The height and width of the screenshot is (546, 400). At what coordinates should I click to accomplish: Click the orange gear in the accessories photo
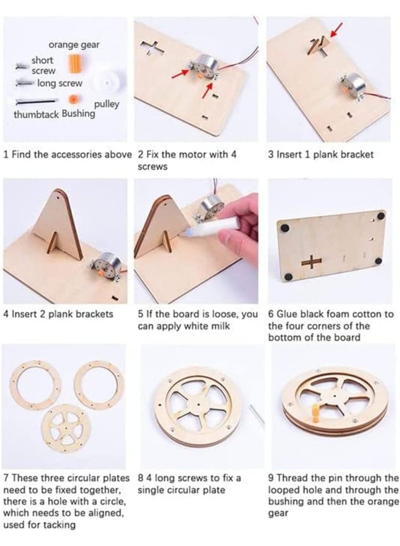click(x=74, y=63)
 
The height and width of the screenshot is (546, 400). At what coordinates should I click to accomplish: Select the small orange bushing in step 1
click(x=73, y=99)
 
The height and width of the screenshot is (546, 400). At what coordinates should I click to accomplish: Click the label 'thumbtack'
click(x=36, y=115)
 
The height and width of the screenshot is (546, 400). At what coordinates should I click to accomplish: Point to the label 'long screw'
click(x=60, y=83)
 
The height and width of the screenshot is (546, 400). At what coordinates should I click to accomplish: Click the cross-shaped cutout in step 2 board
click(x=153, y=48)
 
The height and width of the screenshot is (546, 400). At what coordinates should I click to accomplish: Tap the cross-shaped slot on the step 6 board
click(x=311, y=261)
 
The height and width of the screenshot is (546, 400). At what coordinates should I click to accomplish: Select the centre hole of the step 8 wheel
click(x=198, y=405)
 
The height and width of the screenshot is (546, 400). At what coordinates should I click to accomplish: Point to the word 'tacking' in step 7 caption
click(x=58, y=525)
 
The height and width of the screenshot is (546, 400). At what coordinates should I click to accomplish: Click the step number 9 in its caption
click(x=271, y=478)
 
